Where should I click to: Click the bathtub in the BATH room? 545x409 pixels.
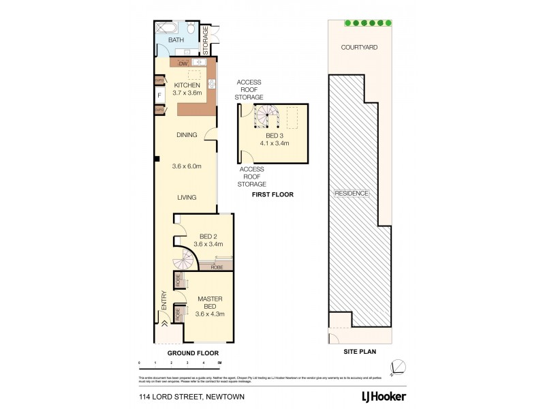pos(167,29)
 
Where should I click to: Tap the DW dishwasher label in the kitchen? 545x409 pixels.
pos(183,63)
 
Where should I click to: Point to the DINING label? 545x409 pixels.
pos(186,135)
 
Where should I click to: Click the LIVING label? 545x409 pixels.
pos(187,198)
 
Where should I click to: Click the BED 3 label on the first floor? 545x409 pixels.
pos(277,140)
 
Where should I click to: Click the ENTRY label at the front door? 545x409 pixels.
pos(163,301)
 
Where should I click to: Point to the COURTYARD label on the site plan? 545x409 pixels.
pos(360,48)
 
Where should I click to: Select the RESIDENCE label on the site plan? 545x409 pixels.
pos(352,193)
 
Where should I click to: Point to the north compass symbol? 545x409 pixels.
pos(396,367)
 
